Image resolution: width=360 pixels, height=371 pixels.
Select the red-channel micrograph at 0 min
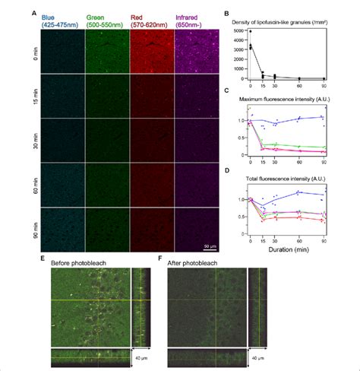point(152,54)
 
